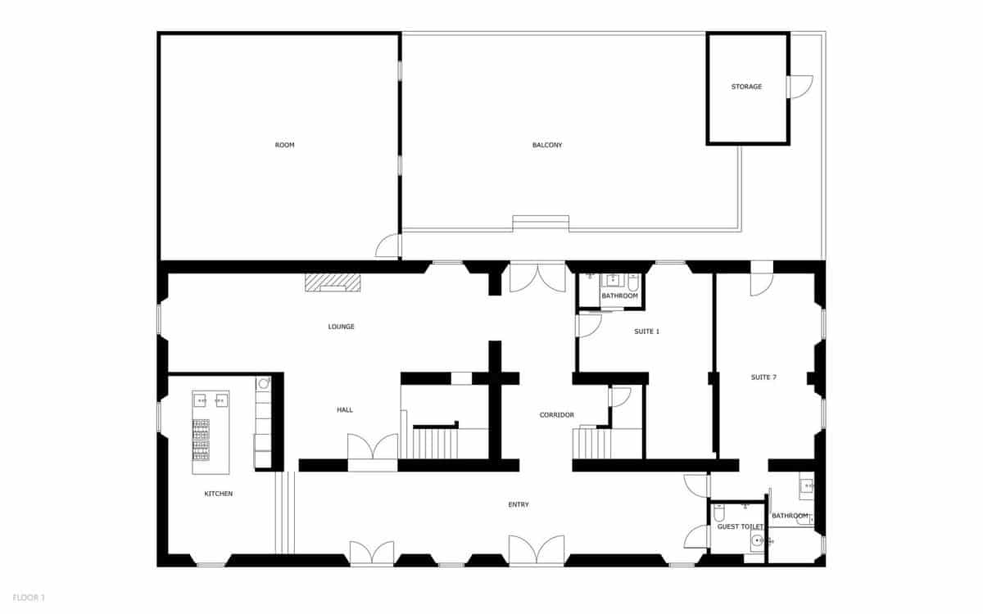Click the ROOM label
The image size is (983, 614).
(x=284, y=145)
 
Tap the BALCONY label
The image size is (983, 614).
(x=547, y=145)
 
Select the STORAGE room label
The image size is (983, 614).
(x=746, y=87)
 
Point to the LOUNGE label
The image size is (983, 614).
(x=341, y=327)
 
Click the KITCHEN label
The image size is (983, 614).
(x=219, y=494)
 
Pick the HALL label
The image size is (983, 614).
(x=345, y=409)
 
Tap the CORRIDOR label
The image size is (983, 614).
(x=556, y=415)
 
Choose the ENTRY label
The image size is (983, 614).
(x=519, y=504)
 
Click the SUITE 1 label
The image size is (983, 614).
(x=646, y=332)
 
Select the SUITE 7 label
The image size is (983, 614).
(x=763, y=377)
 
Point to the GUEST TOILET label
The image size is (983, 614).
(x=741, y=527)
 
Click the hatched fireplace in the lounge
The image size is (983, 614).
(x=333, y=282)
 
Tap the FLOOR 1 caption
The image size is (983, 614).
(x=29, y=598)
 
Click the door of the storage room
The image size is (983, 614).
(x=800, y=87)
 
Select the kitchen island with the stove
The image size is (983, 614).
(x=211, y=432)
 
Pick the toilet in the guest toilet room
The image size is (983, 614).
(x=719, y=514)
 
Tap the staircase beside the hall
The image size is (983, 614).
(x=435, y=443)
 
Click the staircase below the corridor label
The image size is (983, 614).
(x=592, y=444)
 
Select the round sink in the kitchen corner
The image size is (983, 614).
(x=263, y=382)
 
